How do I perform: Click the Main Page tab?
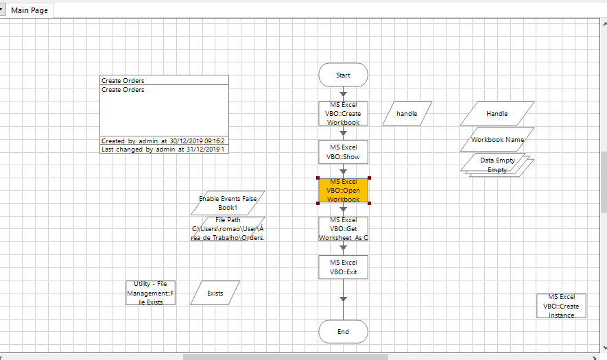point(29,10)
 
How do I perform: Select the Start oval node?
point(343,75)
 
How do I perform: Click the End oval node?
point(343,332)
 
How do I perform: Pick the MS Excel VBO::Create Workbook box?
point(343,114)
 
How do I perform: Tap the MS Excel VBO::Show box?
point(343,152)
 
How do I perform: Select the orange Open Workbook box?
point(343,191)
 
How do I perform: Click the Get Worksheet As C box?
point(343,229)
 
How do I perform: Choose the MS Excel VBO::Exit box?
point(343,267)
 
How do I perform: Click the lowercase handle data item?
point(407,113)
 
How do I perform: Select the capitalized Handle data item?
point(497,113)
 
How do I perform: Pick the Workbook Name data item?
point(497,139)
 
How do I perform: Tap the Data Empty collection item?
point(497,164)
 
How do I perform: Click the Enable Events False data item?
point(228,202)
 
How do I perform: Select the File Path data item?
point(228,229)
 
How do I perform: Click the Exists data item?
point(215,293)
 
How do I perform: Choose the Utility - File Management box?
point(150,293)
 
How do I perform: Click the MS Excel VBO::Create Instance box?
point(561,306)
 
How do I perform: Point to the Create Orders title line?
point(164,80)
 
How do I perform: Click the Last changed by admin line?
point(164,149)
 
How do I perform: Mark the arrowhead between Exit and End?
point(343,298)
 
